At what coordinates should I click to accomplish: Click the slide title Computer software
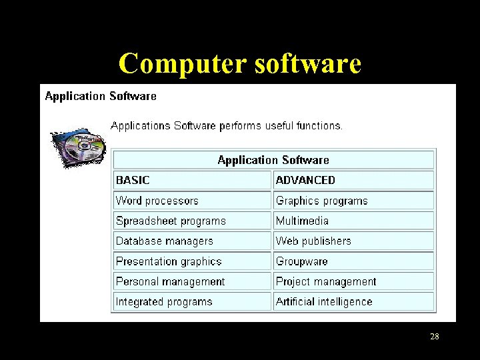click(x=240, y=63)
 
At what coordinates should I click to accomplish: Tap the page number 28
click(x=434, y=337)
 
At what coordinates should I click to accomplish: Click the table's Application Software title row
click(x=273, y=160)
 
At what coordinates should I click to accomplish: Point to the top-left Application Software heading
click(x=101, y=96)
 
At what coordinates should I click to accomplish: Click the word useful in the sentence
click(x=283, y=125)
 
